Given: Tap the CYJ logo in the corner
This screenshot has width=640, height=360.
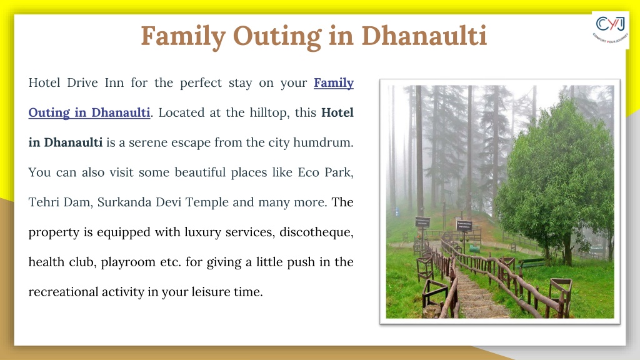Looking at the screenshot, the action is pos(610,29).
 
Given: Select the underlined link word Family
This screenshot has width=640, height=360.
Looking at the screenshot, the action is pos(334,83).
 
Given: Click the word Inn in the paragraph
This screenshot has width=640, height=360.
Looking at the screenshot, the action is pos(114,83).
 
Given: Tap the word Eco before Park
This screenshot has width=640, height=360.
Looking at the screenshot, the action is pos(308,172).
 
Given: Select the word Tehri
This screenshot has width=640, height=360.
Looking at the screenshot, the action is pos(43,202).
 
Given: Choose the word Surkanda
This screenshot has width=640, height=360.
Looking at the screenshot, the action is pos(124,202).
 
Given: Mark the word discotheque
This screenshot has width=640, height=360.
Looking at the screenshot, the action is pos(316,232).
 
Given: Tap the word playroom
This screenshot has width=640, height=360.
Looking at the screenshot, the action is pos(128,262).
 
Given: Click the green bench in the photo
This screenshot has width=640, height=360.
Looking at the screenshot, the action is pos(531,262).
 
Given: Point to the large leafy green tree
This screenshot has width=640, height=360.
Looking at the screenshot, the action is pos(557,179).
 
